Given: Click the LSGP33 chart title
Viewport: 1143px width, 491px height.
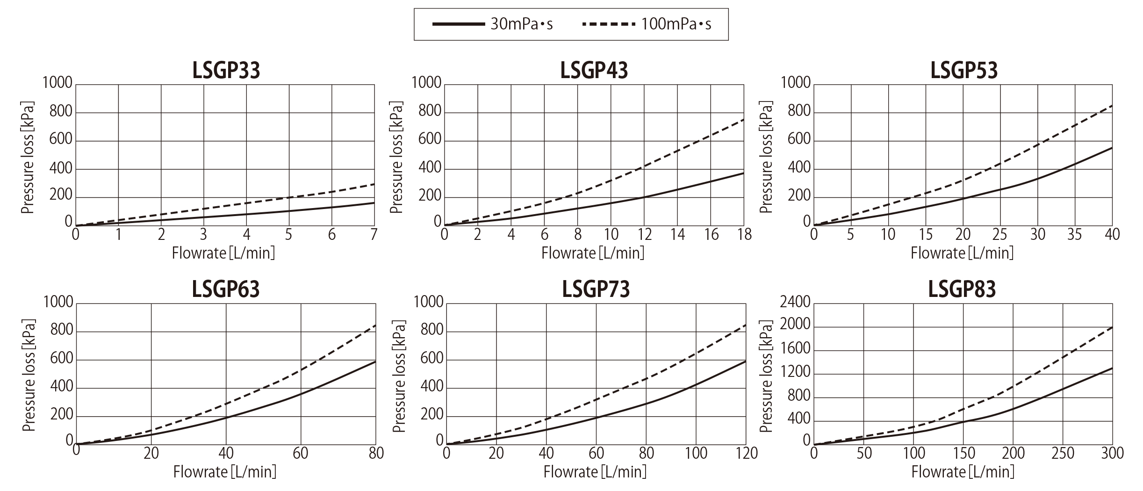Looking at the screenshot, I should click(x=226, y=71).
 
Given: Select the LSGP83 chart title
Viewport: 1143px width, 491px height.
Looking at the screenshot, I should click(x=962, y=289).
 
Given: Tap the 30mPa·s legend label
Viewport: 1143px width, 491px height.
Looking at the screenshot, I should click(x=521, y=24).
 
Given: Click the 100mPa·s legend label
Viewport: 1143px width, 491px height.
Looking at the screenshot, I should click(x=676, y=24).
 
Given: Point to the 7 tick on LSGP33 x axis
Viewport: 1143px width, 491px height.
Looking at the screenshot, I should click(x=374, y=234).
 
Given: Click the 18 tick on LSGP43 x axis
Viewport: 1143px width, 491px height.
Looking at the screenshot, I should click(x=743, y=234).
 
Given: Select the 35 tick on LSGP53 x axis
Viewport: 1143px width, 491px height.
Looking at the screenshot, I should click(x=1074, y=234).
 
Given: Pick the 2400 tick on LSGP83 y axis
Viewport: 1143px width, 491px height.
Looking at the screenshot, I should click(x=795, y=302).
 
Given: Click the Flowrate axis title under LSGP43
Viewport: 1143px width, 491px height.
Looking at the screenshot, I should click(x=593, y=253).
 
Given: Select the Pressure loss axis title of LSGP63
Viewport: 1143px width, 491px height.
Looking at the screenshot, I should click(x=29, y=375).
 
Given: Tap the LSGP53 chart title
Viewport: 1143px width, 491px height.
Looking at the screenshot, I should click(x=964, y=71).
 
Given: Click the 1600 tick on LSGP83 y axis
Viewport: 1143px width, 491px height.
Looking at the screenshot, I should click(x=795, y=348).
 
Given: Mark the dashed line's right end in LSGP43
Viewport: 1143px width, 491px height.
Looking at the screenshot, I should click(x=743, y=120).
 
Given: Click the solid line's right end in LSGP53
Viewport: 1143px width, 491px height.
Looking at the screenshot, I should click(x=1112, y=148).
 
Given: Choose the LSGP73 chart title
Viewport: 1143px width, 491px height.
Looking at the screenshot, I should click(x=596, y=289).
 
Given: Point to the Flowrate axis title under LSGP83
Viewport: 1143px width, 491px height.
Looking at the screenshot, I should click(x=963, y=472).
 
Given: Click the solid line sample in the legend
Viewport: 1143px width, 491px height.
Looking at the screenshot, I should click(x=458, y=24).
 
